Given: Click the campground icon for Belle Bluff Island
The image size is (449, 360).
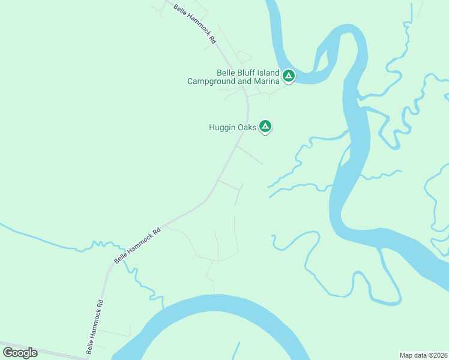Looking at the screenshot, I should click(x=289, y=76).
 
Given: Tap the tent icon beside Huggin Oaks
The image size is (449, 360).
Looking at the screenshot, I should click(x=265, y=127).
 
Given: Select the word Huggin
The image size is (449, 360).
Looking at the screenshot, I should click(x=222, y=127).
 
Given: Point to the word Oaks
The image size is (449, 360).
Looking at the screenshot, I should click(x=248, y=127).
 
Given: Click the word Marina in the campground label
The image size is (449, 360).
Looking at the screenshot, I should click(x=267, y=81).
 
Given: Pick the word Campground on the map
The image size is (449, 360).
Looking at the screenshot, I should click(x=212, y=81).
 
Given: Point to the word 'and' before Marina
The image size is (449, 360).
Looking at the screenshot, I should click(x=245, y=81).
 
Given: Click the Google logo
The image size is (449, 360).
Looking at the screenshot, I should click(x=20, y=353).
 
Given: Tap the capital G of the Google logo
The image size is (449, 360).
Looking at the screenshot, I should click(x=7, y=353).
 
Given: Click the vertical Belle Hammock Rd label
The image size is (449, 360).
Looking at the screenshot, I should click(x=94, y=326).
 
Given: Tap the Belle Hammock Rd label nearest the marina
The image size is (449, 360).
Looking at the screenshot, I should click(x=195, y=25).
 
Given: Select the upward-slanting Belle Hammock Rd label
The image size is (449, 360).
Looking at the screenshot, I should click(x=138, y=245).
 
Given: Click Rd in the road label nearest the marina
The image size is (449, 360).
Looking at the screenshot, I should click(x=213, y=41).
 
